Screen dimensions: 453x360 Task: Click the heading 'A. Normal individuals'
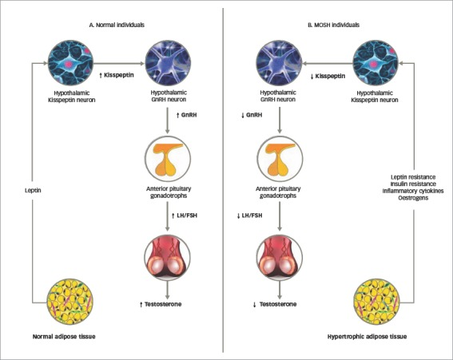[117, 25]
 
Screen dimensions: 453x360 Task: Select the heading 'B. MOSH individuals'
[333, 25]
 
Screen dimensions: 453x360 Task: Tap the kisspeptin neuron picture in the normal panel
[70, 62]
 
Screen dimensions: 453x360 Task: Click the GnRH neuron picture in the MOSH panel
[279, 62]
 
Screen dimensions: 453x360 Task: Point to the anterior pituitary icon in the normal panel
[168, 159]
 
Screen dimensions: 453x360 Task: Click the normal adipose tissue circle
[70, 302]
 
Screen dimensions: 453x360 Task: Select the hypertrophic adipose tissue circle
[377, 302]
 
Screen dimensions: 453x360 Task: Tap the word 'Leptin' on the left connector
[33, 191]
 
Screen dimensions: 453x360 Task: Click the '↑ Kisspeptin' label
[117, 75]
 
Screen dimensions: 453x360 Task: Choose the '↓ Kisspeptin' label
[328, 76]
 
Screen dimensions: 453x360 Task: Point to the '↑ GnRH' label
[186, 115]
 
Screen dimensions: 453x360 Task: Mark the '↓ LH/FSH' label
[249, 216]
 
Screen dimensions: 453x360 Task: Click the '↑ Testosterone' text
[161, 304]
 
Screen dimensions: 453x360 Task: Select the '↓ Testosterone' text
[275, 304]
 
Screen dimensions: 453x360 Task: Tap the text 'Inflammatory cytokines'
[413, 191]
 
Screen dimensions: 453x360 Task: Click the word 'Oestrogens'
[413, 198]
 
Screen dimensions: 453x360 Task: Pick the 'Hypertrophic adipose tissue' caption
[367, 337]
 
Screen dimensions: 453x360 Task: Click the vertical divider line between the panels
[224, 180]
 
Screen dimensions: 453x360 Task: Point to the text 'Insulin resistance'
[413, 184]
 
